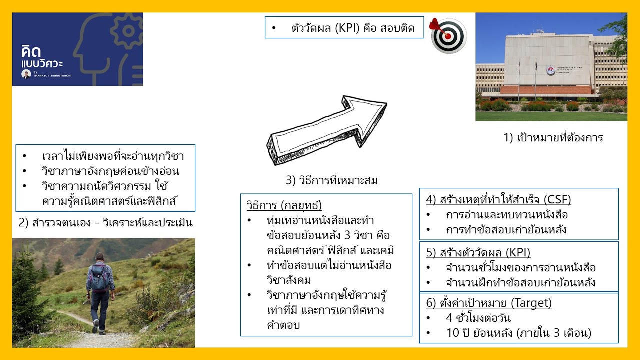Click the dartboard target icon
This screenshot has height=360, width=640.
448,36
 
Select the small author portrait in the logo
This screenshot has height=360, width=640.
26,74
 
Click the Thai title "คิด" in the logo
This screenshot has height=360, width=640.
31,52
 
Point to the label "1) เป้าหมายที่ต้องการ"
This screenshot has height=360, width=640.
553,138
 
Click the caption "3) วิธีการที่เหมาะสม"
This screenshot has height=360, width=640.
331,180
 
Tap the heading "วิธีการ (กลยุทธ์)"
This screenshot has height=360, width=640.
284,205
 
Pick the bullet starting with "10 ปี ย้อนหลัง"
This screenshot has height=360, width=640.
518,333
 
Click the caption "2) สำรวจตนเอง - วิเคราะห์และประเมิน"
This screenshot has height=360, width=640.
105,223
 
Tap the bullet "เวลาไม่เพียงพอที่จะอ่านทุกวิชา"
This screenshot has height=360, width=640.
112,156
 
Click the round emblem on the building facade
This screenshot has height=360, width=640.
550,70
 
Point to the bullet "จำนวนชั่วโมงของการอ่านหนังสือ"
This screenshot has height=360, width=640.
520,268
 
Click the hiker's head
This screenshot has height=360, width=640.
100,257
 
